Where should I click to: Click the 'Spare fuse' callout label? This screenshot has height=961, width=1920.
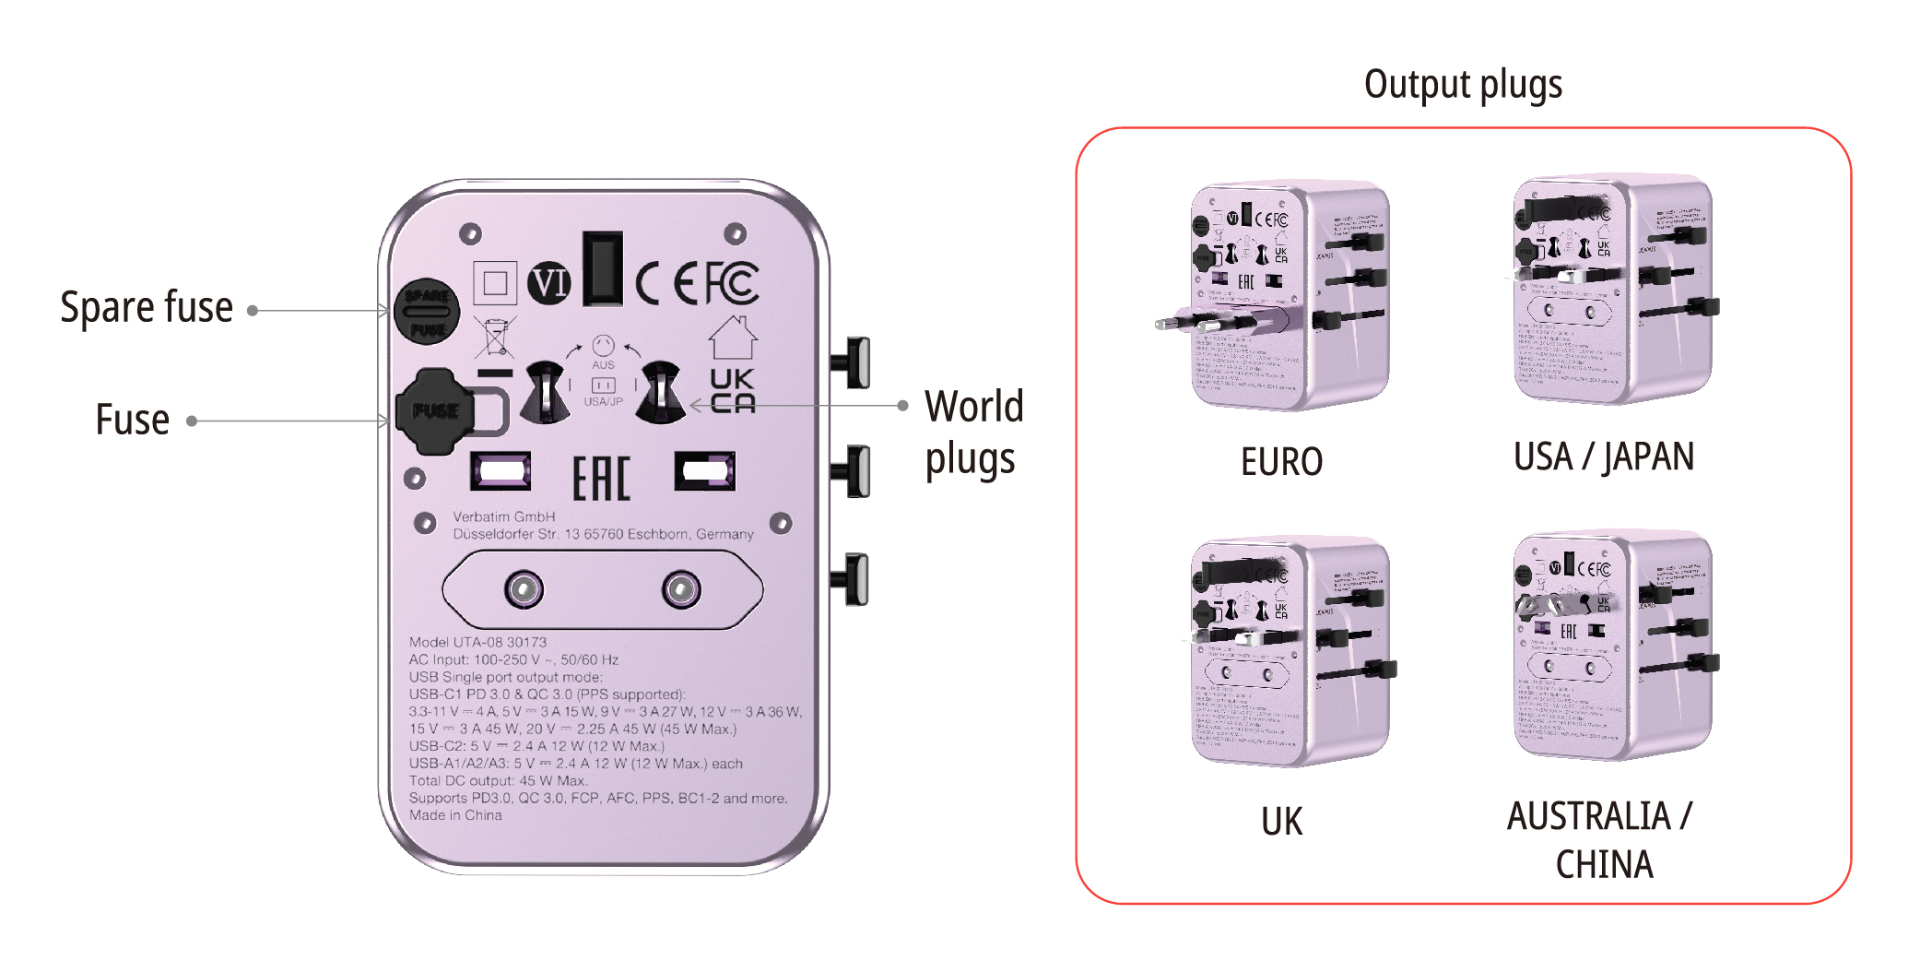point(146,308)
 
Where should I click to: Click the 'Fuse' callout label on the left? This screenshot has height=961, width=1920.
point(133,421)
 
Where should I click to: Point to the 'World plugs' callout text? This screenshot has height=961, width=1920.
point(973,432)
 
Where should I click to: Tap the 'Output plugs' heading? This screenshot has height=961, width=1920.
point(1463,85)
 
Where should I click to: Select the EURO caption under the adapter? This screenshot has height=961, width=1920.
point(1281,461)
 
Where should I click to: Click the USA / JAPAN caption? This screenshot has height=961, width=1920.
point(1603,457)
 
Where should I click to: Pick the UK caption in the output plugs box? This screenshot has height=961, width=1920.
point(1281,821)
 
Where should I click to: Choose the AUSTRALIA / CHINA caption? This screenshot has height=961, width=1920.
point(1602,839)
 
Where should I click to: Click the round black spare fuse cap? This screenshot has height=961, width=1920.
point(428,312)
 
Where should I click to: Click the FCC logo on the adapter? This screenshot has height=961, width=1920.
point(733,283)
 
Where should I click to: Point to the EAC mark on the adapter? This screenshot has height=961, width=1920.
point(601,479)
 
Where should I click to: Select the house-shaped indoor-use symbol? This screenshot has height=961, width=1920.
point(733,338)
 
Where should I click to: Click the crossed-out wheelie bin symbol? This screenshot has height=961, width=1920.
point(495,338)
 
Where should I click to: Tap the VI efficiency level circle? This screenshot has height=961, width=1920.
point(549,283)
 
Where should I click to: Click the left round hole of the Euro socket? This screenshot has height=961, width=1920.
point(524,588)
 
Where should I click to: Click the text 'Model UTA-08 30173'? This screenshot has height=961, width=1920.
point(477,642)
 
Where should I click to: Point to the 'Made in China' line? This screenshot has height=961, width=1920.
point(455,815)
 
